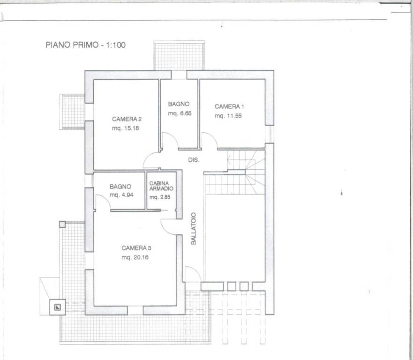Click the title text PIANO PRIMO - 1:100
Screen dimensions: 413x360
pyautogui.click(x=86, y=45)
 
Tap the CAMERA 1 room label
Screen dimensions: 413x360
pyautogui.click(x=229, y=106)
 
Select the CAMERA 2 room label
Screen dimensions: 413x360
pyautogui.click(x=127, y=119)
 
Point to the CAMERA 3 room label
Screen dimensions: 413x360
pyautogui.click(x=136, y=248)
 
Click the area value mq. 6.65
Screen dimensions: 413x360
pyautogui.click(x=180, y=113)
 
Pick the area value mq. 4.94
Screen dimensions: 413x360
pyautogui.click(x=121, y=195)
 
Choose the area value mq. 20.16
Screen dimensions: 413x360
pyautogui.click(x=135, y=257)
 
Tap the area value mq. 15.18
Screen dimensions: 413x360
pyautogui.click(x=125, y=128)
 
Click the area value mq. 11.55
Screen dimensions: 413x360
pyautogui.click(x=228, y=116)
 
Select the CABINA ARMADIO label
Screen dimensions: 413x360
pyautogui.click(x=161, y=186)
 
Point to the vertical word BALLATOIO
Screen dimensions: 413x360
pyautogui.click(x=194, y=229)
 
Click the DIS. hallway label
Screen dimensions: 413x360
pyautogui.click(x=194, y=160)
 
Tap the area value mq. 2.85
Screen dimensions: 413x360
pyautogui.click(x=160, y=197)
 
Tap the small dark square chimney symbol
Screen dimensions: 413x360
pyautogui.click(x=57, y=307)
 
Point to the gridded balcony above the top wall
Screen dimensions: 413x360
pyautogui.click(x=179, y=56)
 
